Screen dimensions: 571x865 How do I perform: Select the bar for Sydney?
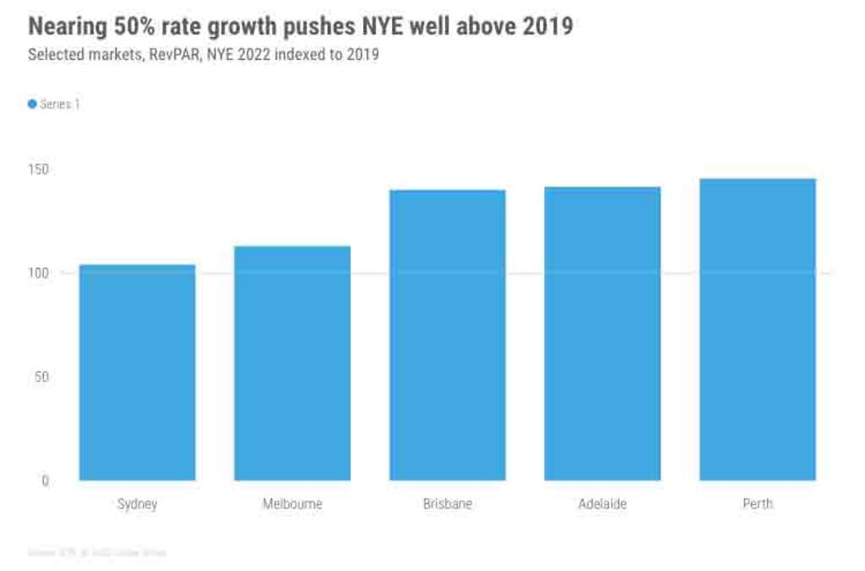137,373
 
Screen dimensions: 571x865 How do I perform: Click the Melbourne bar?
292,363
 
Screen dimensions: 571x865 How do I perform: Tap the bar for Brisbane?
448,335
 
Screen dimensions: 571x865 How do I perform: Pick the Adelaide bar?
602,334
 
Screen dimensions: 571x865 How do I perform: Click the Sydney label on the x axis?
137,504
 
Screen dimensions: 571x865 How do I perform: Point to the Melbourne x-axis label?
292,504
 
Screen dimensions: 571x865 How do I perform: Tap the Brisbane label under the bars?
448,504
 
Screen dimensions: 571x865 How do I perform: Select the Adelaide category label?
602,504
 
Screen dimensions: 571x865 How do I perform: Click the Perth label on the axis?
758,504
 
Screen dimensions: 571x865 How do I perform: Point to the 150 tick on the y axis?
41,170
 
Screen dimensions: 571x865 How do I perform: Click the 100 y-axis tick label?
41,273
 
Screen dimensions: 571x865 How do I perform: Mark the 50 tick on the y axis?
43,377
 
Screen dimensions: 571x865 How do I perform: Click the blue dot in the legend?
32,104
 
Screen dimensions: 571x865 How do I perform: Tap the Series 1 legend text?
60,104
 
